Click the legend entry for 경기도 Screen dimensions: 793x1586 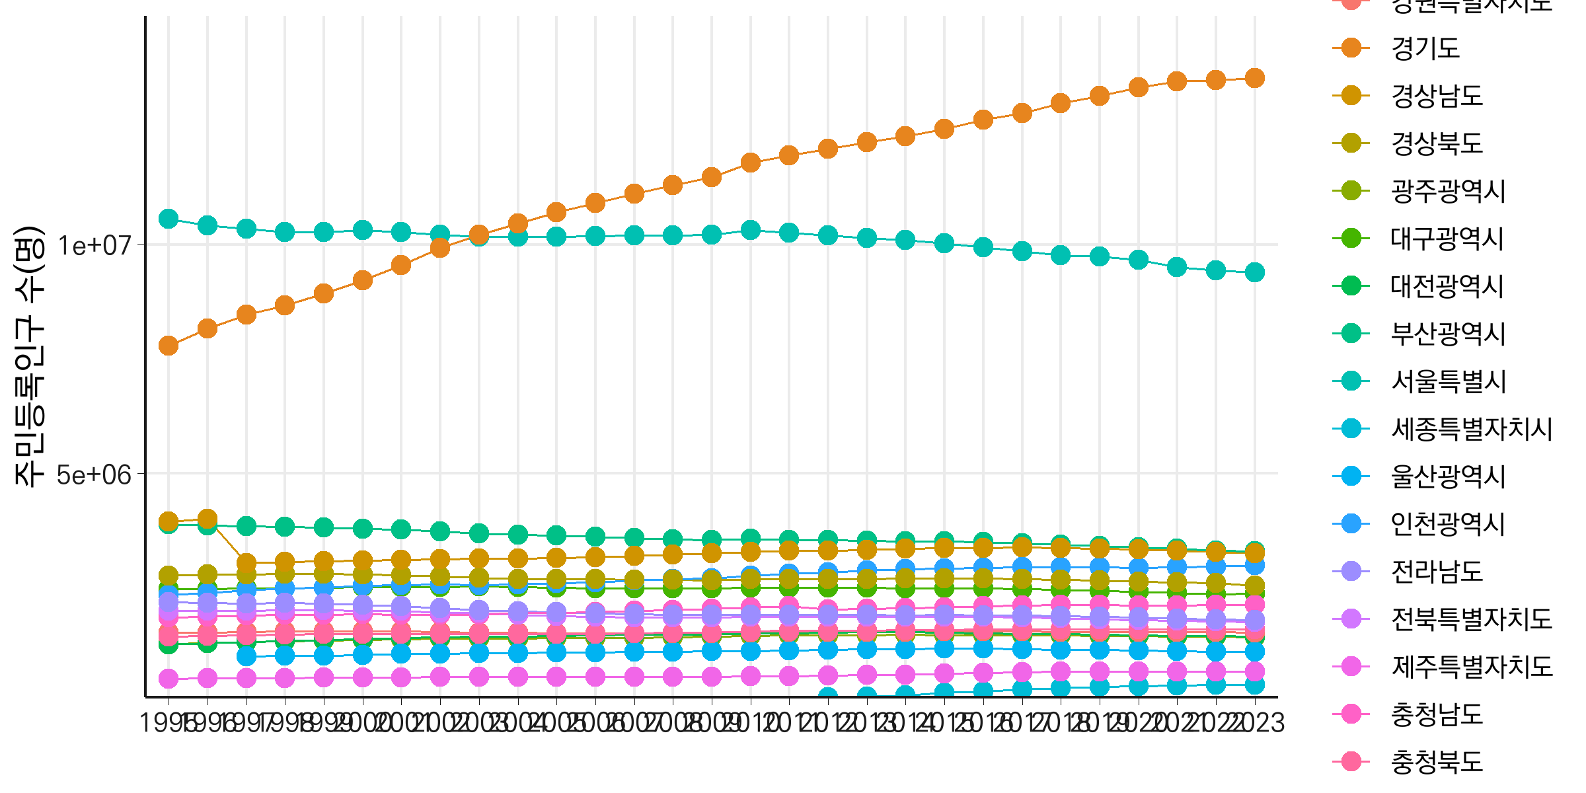click(x=1425, y=48)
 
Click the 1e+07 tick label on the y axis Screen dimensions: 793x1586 click(x=94, y=246)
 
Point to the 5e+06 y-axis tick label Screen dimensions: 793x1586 click(x=94, y=474)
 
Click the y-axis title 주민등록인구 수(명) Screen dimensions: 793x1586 click(x=30, y=357)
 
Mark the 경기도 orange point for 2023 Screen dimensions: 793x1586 click(x=1254, y=78)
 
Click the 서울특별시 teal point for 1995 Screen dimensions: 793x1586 click(x=169, y=218)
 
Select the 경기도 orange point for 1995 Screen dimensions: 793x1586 click(x=169, y=346)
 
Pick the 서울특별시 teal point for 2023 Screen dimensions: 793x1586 click(x=1254, y=272)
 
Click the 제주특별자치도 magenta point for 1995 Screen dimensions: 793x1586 click(x=169, y=679)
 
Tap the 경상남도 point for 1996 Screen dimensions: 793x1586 click(x=208, y=519)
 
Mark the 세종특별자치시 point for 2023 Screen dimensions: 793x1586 click(x=1254, y=685)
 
